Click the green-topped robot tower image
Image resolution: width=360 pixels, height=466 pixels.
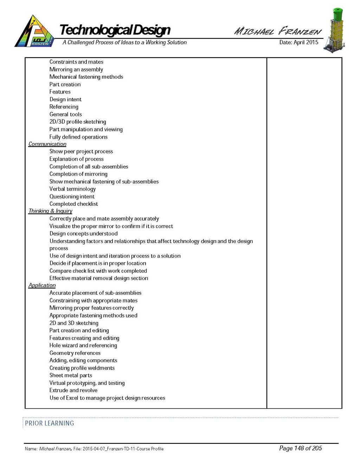coord(336,31)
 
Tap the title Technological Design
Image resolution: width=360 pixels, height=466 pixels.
coord(115,30)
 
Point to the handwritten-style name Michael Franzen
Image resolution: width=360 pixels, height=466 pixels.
coord(278,31)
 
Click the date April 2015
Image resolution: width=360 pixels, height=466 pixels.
coord(298,42)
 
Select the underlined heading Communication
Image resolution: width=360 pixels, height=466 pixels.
coord(47,144)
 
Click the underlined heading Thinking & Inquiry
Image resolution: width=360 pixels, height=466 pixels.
coord(50,211)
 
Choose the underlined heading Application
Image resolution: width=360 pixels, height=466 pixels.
coord(42,285)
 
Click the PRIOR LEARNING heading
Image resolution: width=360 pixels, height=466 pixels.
coord(50,423)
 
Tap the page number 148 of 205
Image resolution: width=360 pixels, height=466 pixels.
coord(300,448)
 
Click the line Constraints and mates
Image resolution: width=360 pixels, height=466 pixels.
coord(76,62)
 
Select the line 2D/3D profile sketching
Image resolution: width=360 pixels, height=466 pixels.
coord(78,122)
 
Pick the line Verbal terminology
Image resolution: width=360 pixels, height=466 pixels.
coord(72,189)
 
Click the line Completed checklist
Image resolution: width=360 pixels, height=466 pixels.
coord(73,204)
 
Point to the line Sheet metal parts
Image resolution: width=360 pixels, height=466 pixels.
coord(71,375)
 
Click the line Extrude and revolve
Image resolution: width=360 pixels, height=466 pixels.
coord(73,390)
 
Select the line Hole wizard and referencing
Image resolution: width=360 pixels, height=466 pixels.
coord(83,345)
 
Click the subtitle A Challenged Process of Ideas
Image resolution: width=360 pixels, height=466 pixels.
coord(124,42)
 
